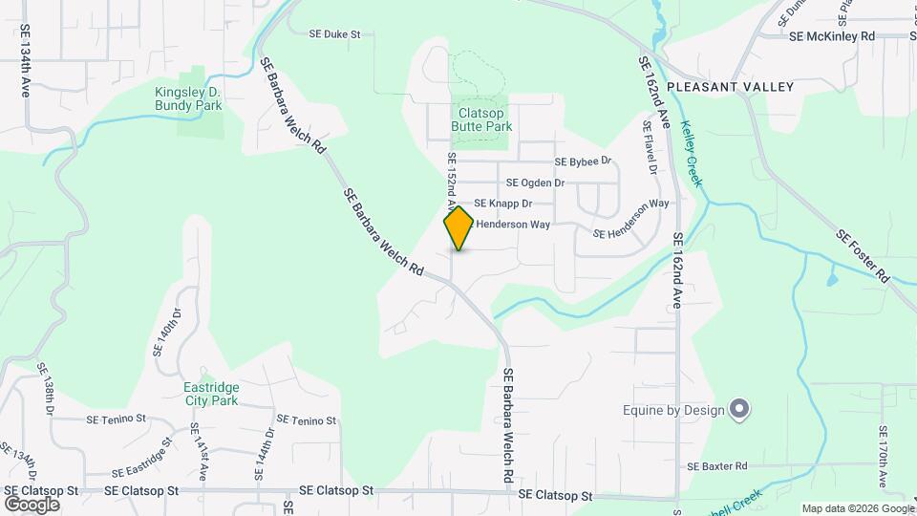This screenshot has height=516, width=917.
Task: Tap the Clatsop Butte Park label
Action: [x=481, y=119]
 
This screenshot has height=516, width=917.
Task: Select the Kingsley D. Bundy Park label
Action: [x=188, y=98]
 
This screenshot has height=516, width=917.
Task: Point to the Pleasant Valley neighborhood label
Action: [x=731, y=87]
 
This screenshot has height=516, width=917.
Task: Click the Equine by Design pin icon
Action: [x=739, y=410]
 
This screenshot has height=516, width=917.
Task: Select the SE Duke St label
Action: [x=334, y=33]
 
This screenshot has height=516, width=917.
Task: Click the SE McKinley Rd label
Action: [x=833, y=36]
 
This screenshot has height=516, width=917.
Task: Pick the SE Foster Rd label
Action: [x=863, y=255]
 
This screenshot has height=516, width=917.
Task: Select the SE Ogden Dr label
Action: [x=535, y=183]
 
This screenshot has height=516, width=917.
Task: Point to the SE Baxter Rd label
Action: [x=716, y=466]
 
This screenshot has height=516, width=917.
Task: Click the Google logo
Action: [x=32, y=504]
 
